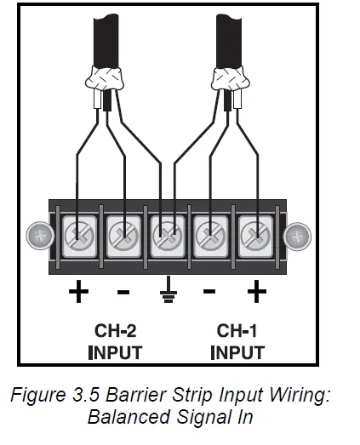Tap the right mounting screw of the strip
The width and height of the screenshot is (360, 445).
pos(297,235)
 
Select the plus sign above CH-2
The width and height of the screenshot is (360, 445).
pos(78,293)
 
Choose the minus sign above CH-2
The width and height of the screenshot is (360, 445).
pos(123,292)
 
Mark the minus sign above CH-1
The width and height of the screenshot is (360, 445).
pos(209,292)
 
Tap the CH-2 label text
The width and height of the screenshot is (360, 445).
pos(114,330)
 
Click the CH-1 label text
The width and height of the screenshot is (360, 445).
pos(237,330)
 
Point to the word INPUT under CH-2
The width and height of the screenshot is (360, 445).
pos(114,351)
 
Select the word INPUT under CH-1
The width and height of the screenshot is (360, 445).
pos(237,351)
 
